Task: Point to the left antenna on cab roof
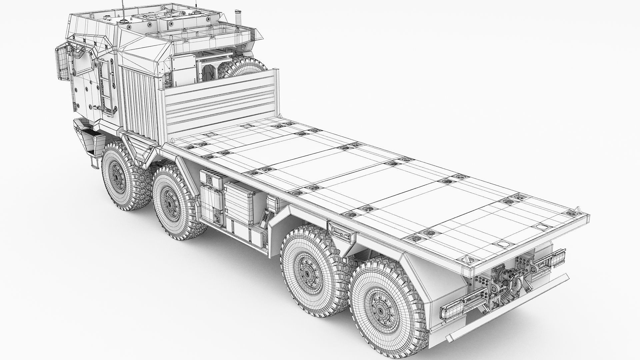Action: [123, 7]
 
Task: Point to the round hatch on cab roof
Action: [127, 22]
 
